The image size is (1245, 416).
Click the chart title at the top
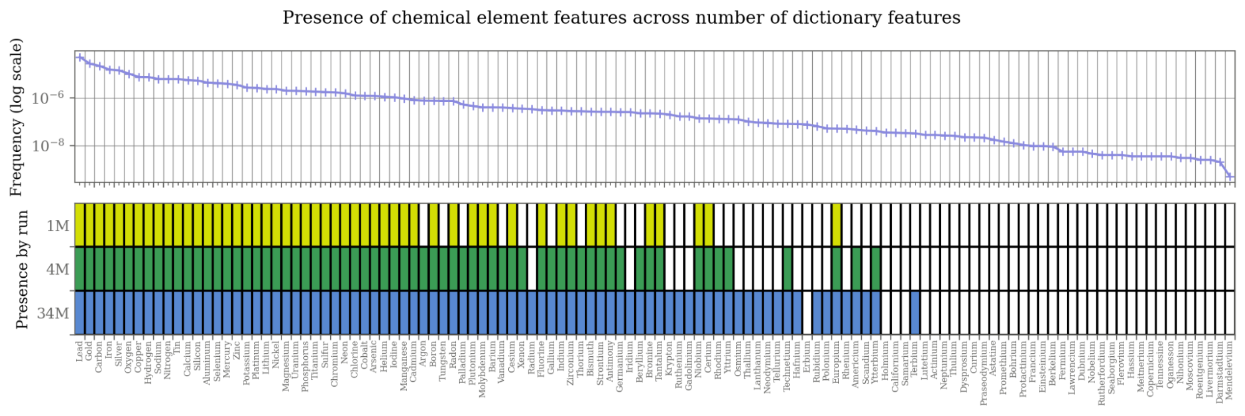pyautogui.click(x=621, y=17)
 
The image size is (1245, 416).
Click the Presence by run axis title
pyautogui.click(x=22, y=269)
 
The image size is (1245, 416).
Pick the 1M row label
pyautogui.click(x=58, y=225)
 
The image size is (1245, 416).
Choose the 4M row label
pyautogui.click(x=58, y=269)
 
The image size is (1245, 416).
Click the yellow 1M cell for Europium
pyautogui.click(x=836, y=225)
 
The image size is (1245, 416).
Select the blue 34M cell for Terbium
pyautogui.click(x=915, y=313)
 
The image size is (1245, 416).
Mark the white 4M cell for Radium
pyautogui.click(x=532, y=269)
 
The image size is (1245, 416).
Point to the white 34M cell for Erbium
pyautogui.click(x=807, y=313)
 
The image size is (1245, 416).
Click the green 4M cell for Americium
pyautogui.click(x=856, y=269)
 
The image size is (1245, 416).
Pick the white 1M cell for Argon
pyautogui.click(x=424, y=225)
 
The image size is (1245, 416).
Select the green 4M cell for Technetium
pyautogui.click(x=787, y=269)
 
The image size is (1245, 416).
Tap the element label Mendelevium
pyautogui.click(x=1229, y=371)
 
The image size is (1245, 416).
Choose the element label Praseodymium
pyautogui.click(x=984, y=372)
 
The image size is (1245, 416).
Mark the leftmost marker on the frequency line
pyautogui.click(x=80, y=57)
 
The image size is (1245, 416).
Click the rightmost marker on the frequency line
pyautogui.click(x=1229, y=177)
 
